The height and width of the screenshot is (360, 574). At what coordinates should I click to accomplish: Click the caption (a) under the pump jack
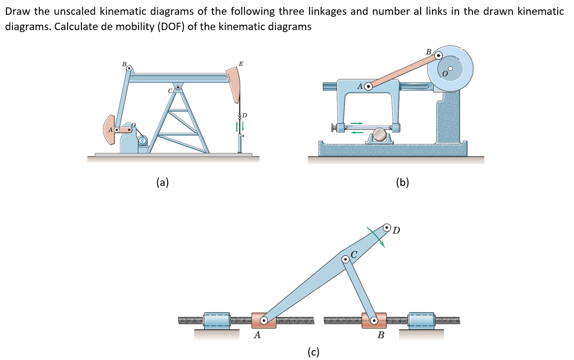[x=162, y=182]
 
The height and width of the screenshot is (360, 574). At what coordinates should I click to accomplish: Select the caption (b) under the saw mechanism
[x=402, y=182]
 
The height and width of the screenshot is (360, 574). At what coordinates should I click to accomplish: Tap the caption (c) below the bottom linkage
[x=313, y=352]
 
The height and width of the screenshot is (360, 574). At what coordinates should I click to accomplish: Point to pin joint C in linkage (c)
[x=345, y=259]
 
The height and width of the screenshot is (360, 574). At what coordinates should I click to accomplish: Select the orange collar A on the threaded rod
[x=263, y=321]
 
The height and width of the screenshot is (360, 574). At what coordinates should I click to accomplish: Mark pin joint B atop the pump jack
[x=129, y=69]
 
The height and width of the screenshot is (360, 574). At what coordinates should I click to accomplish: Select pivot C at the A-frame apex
[x=178, y=88]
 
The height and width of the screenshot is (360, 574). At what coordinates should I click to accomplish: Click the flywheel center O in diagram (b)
[x=450, y=68]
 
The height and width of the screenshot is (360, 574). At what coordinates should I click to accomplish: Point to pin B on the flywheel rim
[x=438, y=55]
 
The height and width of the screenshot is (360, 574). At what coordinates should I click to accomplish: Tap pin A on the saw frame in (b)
[x=368, y=86]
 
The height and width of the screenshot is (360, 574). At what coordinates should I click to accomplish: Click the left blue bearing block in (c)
[x=217, y=320]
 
